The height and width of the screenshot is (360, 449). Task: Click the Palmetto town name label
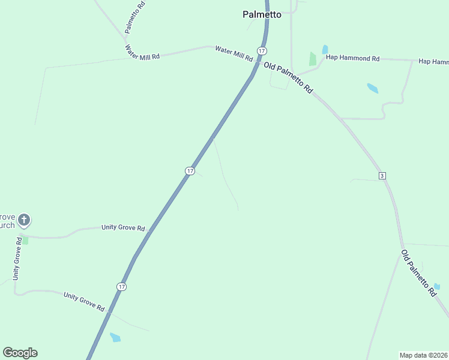(262, 14)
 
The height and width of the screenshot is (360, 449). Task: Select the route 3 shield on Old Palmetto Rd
(382, 175)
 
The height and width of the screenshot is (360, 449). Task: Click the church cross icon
(24, 220)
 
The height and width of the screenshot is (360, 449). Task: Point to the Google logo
(20, 353)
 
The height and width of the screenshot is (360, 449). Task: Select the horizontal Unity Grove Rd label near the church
(123, 228)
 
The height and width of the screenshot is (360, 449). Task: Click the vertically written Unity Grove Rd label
(18, 259)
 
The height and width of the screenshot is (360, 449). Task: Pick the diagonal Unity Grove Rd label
(84, 301)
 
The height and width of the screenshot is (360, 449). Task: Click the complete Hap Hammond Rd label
(353, 58)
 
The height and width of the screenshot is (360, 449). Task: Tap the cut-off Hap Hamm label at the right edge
(433, 62)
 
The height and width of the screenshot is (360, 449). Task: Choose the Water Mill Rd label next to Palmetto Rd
(142, 52)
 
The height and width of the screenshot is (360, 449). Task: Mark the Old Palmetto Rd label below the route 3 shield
(418, 274)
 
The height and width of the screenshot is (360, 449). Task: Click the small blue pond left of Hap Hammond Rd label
(325, 49)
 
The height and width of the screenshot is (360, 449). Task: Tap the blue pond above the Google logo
(115, 338)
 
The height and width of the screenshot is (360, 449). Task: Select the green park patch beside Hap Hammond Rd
(312, 59)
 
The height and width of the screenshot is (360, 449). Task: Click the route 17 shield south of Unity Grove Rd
(122, 287)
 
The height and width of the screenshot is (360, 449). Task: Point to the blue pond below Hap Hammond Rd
(373, 88)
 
